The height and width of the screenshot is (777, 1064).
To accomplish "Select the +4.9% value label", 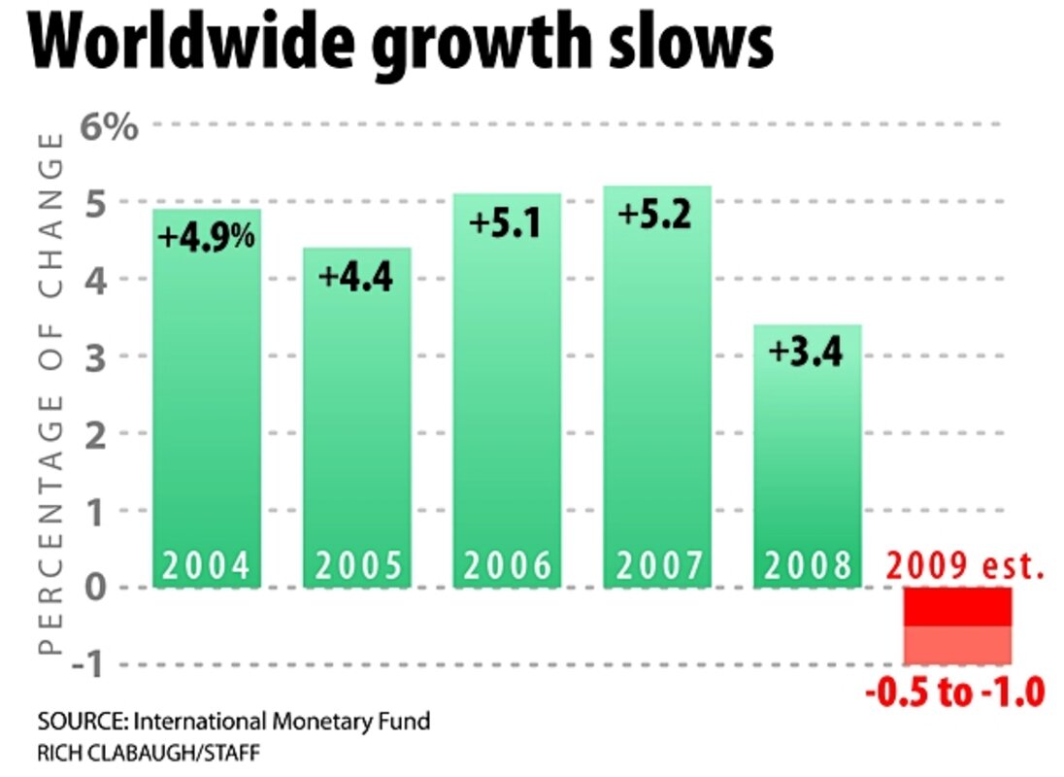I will click(207, 236).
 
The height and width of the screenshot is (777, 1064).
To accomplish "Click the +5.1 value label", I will click(504, 222).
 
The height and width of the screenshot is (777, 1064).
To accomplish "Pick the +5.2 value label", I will click(656, 214).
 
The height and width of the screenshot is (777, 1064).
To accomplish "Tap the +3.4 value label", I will click(805, 351).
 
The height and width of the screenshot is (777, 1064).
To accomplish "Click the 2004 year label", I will click(207, 566).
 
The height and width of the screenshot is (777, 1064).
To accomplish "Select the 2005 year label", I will click(357, 566).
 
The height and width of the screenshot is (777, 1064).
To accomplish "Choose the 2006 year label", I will click(508, 566).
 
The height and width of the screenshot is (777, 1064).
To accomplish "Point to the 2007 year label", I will click(657, 566).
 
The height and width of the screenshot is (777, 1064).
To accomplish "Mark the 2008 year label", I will click(808, 566).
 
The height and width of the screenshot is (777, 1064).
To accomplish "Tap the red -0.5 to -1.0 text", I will click(954, 693).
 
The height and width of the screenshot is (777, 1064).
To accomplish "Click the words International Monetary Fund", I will click(281, 723).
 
